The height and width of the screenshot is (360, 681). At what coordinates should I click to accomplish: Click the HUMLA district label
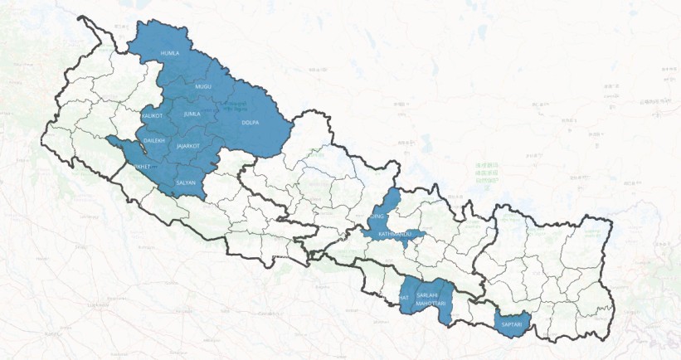click(x=169, y=52)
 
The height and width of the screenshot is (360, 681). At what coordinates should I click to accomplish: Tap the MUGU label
click(x=203, y=86)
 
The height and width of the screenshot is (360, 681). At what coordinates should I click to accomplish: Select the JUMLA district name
click(x=192, y=113)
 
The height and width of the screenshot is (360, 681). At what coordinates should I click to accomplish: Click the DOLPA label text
click(x=250, y=123)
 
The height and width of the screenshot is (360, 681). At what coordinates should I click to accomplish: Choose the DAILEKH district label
click(x=155, y=141)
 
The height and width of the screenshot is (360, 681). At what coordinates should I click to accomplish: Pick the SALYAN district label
click(x=185, y=182)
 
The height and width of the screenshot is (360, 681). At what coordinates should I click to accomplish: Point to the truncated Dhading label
click(x=377, y=216)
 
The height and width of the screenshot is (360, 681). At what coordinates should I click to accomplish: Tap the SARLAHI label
click(x=428, y=295)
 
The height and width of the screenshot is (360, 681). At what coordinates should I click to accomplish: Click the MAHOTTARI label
click(x=431, y=304)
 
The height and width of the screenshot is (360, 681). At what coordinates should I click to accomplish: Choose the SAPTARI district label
click(x=510, y=324)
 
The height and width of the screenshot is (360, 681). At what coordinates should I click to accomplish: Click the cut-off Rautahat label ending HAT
click(x=404, y=297)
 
